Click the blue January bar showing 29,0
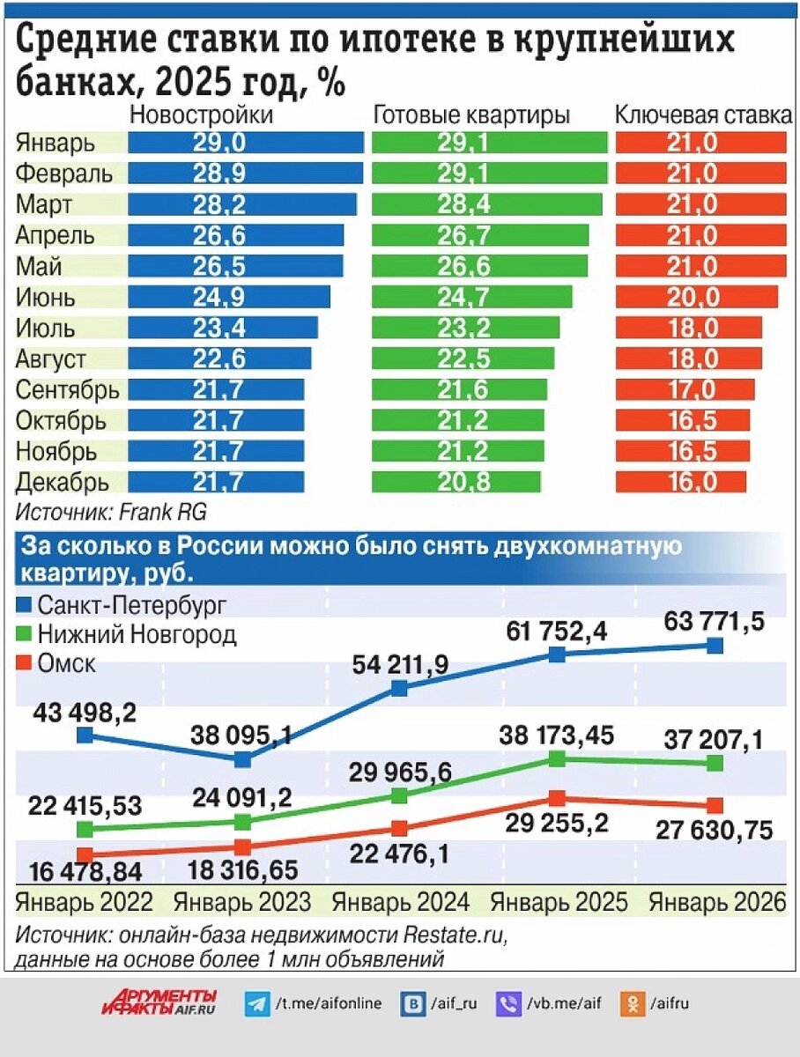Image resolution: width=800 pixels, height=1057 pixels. pos(246,143)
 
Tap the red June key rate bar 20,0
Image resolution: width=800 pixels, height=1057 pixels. pos(697,297)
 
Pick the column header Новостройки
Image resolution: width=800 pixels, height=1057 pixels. pos(202,115)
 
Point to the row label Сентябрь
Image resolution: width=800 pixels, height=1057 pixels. pos(68,389)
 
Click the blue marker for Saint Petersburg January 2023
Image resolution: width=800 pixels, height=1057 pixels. pos(242,758)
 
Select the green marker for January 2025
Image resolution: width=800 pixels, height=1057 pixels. pos(557,758)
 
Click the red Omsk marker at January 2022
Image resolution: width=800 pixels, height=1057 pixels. pos(85,854)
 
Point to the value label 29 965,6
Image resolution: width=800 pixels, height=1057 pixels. pos(401,772)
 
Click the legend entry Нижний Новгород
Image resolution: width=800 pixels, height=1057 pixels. pos(137,634)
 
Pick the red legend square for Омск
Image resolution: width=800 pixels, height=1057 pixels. pos(25,663)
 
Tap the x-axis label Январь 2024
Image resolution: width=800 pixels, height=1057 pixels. pos(400,902)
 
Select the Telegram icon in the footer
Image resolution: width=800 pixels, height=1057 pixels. pos(257,1003)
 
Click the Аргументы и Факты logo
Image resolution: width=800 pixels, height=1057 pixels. pos(159,1002)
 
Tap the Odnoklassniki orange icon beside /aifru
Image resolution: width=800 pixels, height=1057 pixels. pos(631,1003)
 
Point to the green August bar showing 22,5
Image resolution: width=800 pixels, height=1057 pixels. pos(463,358)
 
